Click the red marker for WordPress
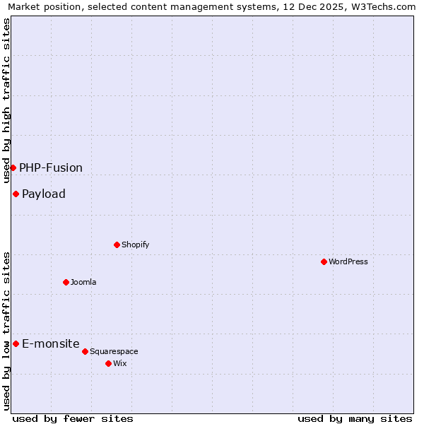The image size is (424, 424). tap(324, 261)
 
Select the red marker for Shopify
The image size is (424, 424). tap(117, 245)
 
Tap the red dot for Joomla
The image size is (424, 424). tap(66, 282)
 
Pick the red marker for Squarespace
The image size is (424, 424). tap(85, 351)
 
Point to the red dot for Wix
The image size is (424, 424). tap(108, 363)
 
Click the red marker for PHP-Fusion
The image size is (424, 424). tap(13, 167)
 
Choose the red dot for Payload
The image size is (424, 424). tap(16, 194)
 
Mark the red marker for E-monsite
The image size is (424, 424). tap(16, 343)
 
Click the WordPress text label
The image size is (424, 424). tap(348, 261)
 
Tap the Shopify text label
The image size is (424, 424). tap(135, 245)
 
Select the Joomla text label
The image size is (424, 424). tap(83, 282)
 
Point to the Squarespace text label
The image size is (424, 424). tap(114, 351)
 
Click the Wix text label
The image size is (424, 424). tap(119, 363)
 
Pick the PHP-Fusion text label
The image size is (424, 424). tap(51, 167)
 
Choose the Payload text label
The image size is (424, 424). tap(44, 194)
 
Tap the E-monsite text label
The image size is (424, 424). tap(51, 343)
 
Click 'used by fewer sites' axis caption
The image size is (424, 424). tap(73, 418)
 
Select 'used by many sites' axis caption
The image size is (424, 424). tap(355, 418)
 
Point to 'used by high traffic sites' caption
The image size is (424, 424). tap(7, 101)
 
